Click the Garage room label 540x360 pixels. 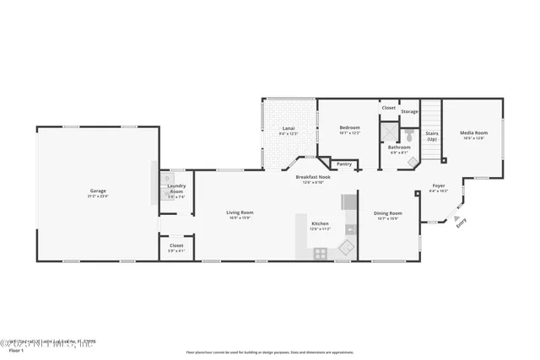pyautogui.click(x=99, y=192)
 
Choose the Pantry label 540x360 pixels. pyautogui.click(x=343, y=164)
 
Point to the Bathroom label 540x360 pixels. pyautogui.click(x=399, y=148)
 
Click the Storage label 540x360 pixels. pyautogui.click(x=409, y=111)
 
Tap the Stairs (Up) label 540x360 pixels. pyautogui.click(x=431, y=136)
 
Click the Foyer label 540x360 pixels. pyautogui.click(x=439, y=187)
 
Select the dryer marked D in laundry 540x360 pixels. pyautogui.click(x=169, y=180)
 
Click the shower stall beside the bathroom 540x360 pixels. pyautogui.click(x=389, y=133)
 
